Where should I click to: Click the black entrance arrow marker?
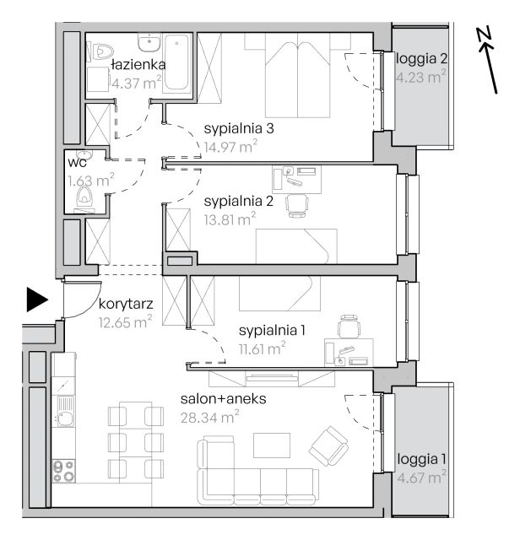tap(37, 300)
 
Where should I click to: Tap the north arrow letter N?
tap(484, 35)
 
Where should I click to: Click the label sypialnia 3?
tap(239, 129)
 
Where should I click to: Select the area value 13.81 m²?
tap(230, 219)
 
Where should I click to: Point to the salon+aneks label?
tap(224, 399)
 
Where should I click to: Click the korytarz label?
tap(126, 304)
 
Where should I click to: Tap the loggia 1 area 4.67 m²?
tap(421, 477)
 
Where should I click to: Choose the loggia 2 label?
tap(421, 58)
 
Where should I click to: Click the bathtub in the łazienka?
tap(176, 62)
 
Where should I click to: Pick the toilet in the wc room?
tap(84, 199)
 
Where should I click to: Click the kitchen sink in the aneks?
tap(65, 412)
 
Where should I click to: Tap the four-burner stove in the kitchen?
tap(64, 471)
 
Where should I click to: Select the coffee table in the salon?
tap(272, 445)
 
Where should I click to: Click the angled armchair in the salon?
tap(328, 445)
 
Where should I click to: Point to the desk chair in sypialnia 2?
tap(296, 206)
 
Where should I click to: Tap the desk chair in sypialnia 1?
tap(349, 327)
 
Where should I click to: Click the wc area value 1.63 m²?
tap(90, 180)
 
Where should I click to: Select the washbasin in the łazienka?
tap(149, 42)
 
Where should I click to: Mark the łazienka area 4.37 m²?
tap(137, 83)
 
